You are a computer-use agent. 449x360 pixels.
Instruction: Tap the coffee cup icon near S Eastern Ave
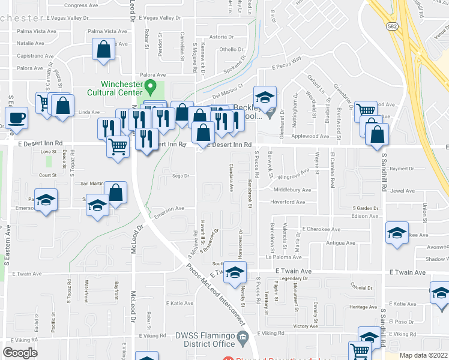point(17,117)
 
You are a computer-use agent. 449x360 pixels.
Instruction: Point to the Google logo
point(20,353)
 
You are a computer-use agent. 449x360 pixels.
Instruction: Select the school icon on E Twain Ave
point(235,273)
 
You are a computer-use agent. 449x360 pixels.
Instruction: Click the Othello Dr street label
point(231,50)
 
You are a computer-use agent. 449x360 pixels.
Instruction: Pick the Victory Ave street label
point(305,326)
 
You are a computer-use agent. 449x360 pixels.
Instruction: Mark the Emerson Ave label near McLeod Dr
point(169,209)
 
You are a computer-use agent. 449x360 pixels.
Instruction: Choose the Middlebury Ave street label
point(292,190)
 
